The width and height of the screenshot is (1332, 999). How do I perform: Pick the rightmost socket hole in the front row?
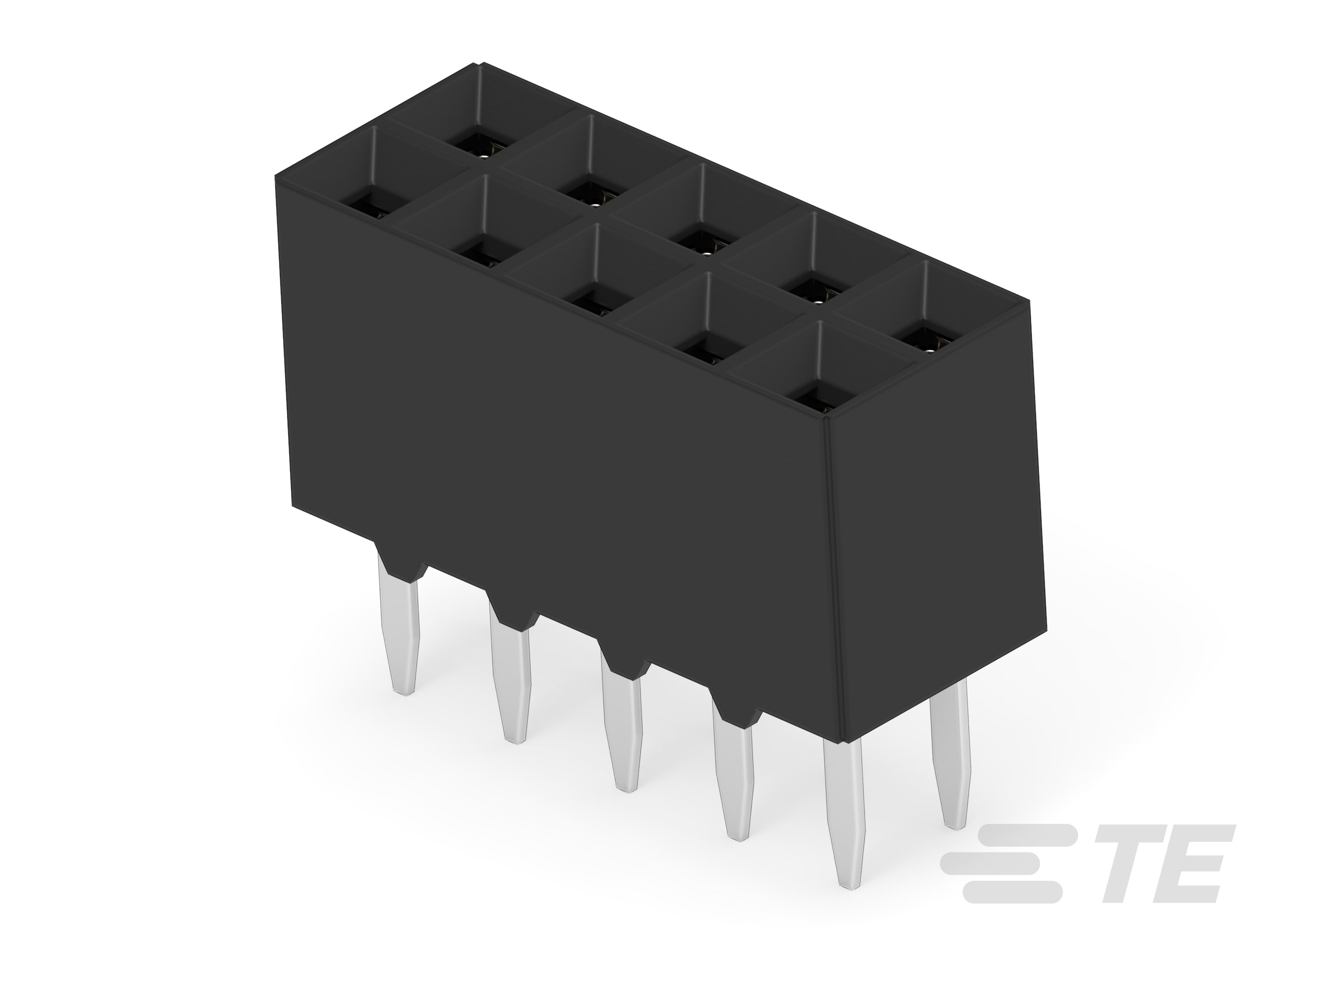tap(813, 399)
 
